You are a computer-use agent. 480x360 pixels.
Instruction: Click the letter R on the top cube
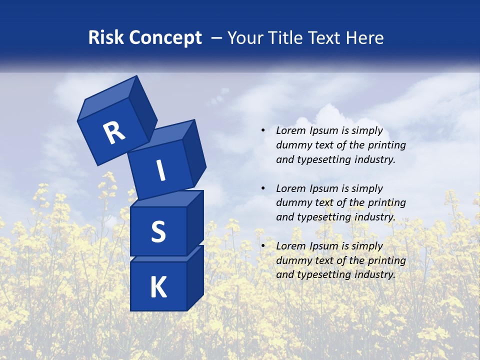(114, 132)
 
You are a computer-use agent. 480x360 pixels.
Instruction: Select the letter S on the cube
(158, 231)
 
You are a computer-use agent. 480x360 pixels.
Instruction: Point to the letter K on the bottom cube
(158, 287)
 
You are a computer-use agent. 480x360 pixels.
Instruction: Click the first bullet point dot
(263, 130)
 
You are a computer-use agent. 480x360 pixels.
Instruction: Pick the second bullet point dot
(263, 188)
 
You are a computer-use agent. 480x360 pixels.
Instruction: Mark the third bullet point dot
(263, 246)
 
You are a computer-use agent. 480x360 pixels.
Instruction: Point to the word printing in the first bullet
(386, 145)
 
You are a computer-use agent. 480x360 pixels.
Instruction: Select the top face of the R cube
(107, 98)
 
